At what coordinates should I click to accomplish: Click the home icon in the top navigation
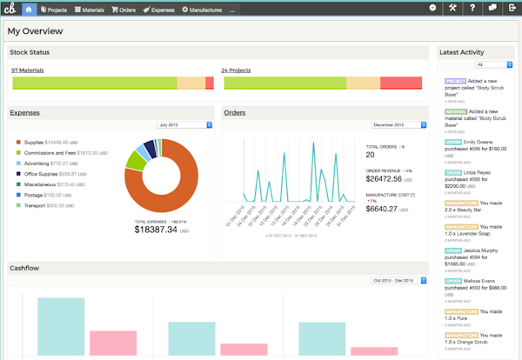click(x=30, y=9)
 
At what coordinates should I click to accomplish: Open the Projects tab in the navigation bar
click(x=55, y=9)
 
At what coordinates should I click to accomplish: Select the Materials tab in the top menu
click(x=90, y=9)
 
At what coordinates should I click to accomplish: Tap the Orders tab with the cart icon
click(x=124, y=9)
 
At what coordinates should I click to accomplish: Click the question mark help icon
click(x=472, y=9)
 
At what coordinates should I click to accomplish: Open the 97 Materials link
click(x=28, y=70)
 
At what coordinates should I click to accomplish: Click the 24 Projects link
click(x=237, y=70)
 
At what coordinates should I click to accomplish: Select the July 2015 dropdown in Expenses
click(x=184, y=124)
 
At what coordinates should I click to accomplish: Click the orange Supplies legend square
click(x=17, y=141)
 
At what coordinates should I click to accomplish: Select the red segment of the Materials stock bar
click(x=210, y=83)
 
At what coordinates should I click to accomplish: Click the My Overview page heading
click(x=36, y=30)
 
